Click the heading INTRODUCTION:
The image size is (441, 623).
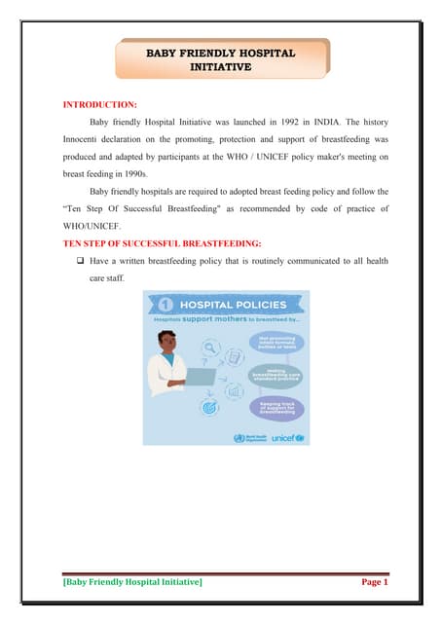[98, 102]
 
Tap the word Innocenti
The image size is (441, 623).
[85, 140]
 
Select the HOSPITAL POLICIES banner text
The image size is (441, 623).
[233, 302]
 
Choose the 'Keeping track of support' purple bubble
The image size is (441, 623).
[276, 406]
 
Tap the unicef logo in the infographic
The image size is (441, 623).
[285, 438]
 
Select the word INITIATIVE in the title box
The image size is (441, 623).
[220, 67]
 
